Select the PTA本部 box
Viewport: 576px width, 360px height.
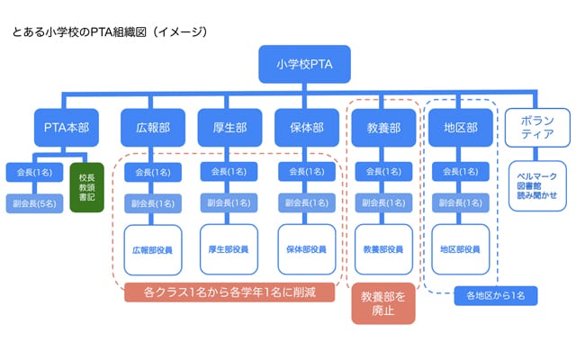63,128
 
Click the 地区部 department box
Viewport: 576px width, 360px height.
460,128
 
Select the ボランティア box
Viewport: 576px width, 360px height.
537,128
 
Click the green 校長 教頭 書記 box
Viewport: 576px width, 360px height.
87,187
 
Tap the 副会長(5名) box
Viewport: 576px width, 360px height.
34,203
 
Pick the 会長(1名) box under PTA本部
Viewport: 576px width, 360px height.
34,171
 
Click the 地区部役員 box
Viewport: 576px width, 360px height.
460,248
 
